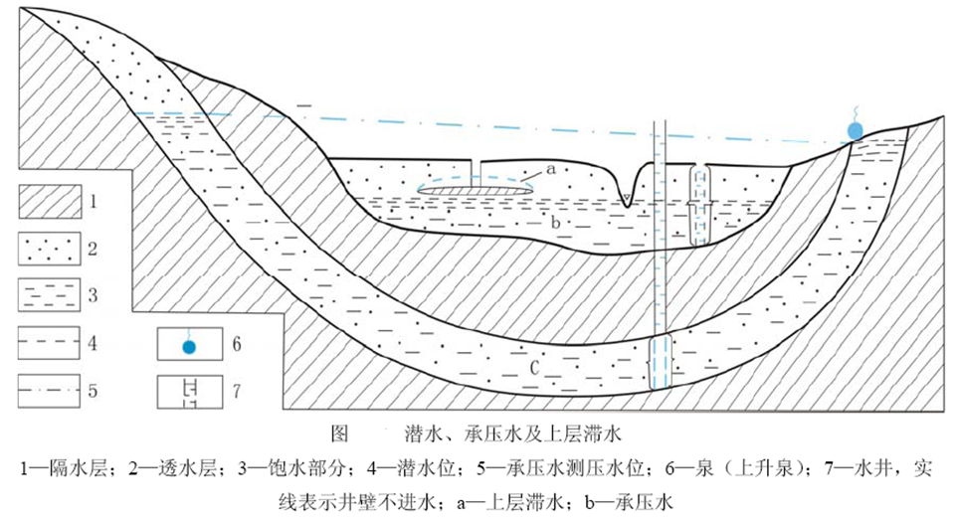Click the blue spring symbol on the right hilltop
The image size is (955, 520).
pyautogui.click(x=855, y=130)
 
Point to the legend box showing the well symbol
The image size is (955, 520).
pyautogui.click(x=190, y=391)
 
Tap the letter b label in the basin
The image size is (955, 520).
pyautogui.click(x=554, y=223)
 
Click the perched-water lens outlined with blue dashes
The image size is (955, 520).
pyautogui.click(x=475, y=186)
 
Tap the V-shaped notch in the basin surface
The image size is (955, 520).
pyautogui.click(x=626, y=189)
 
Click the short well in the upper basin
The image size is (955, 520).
pyautogui.click(x=700, y=204)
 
